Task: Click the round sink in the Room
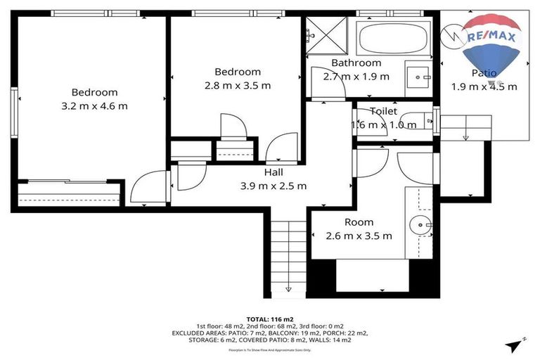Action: [422, 226]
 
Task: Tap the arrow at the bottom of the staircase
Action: [289, 288]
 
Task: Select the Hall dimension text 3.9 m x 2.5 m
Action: [274, 186]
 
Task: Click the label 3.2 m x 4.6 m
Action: [95, 106]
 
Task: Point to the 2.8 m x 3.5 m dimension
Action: [238, 85]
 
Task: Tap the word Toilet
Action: [383, 111]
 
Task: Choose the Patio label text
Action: [484, 73]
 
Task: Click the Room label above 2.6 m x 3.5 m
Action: [359, 222]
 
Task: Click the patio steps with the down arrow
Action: [464, 127]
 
